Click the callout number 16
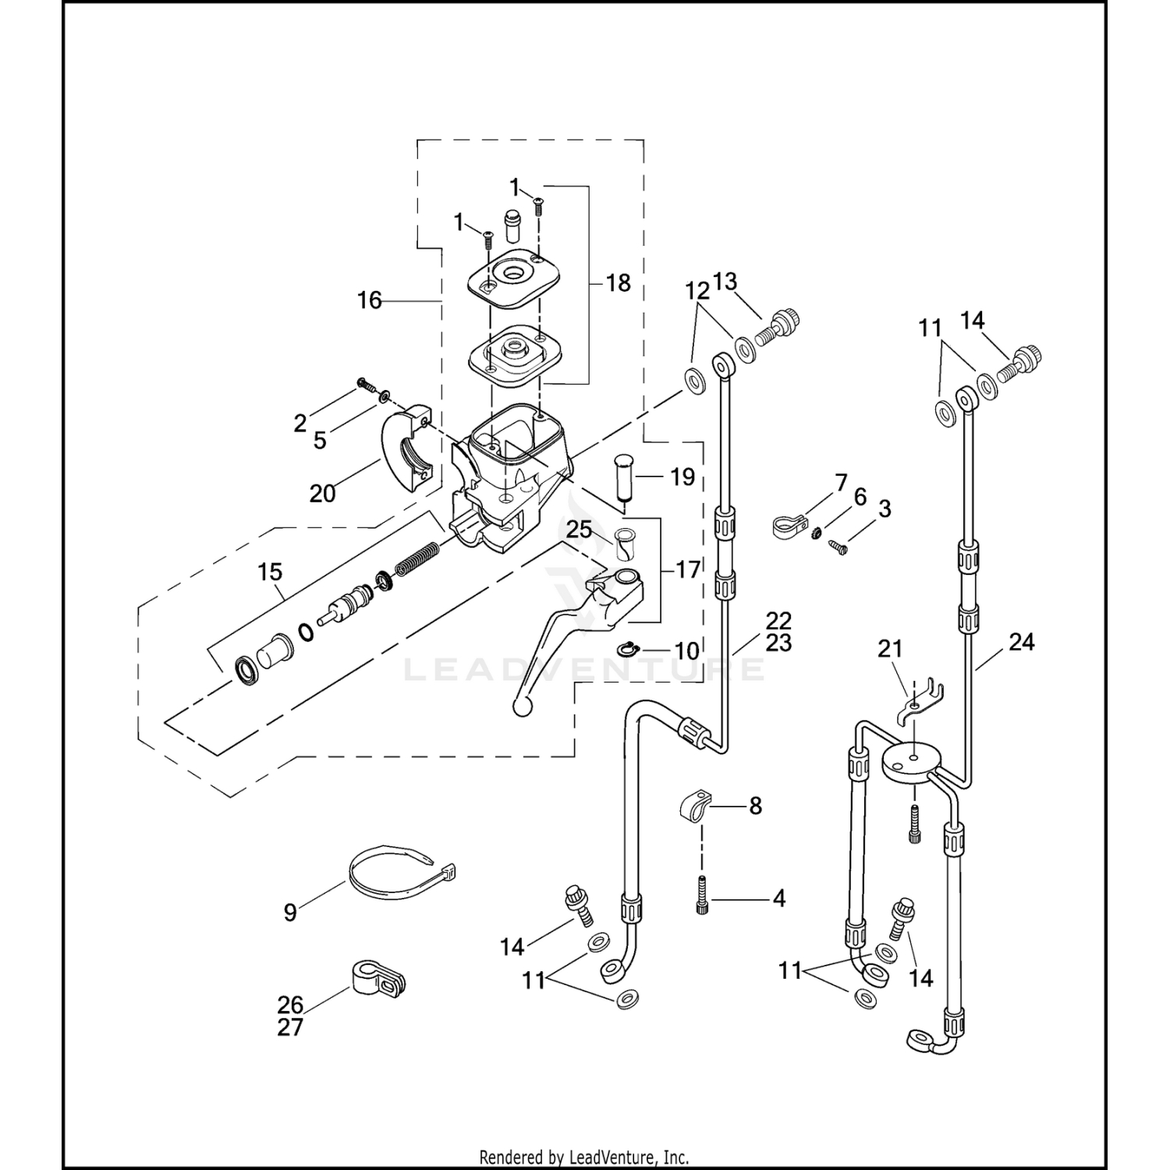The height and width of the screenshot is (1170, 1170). pyautogui.click(x=370, y=300)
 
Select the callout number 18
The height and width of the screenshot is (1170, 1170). pyautogui.click(x=618, y=282)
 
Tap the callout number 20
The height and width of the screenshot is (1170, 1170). pyautogui.click(x=323, y=493)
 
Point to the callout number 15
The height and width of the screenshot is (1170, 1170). pyautogui.click(x=270, y=572)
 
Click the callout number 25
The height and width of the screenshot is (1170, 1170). pyautogui.click(x=580, y=530)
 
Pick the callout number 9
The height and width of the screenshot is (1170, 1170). pyautogui.click(x=290, y=912)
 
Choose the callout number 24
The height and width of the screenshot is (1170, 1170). pyautogui.click(x=1022, y=642)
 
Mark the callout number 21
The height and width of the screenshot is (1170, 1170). pyautogui.click(x=890, y=648)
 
